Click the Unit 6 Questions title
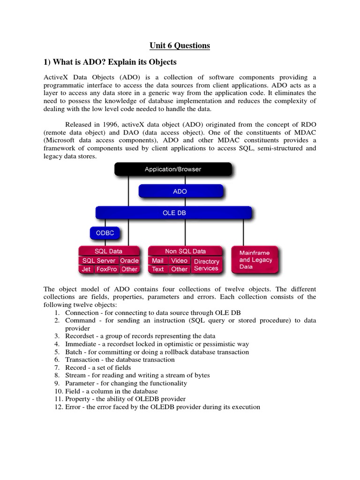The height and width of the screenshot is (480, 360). pos(180,45)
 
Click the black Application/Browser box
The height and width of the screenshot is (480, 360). pos(173,169)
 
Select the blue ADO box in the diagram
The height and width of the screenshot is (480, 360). pos(180,191)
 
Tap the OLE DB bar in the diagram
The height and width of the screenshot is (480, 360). pos(173,213)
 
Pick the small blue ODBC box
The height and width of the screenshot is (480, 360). pos(105,233)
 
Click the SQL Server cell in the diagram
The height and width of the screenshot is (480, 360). pos(98,261)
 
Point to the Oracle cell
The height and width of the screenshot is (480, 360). pos(129,261)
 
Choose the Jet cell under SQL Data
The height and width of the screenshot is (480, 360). pos(86,269)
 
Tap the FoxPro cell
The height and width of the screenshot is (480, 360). pos(106,269)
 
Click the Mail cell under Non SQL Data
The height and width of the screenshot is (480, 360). pos(157,261)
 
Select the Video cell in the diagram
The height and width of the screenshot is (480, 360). pos(179,261)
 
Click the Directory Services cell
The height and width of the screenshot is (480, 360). pos(206,265)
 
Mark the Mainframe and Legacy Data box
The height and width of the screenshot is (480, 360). pos(255,260)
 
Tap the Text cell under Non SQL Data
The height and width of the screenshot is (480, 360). pos(158,269)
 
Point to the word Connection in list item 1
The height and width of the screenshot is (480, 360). pos(81,313)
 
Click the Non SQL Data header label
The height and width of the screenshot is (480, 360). pos(185,251)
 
